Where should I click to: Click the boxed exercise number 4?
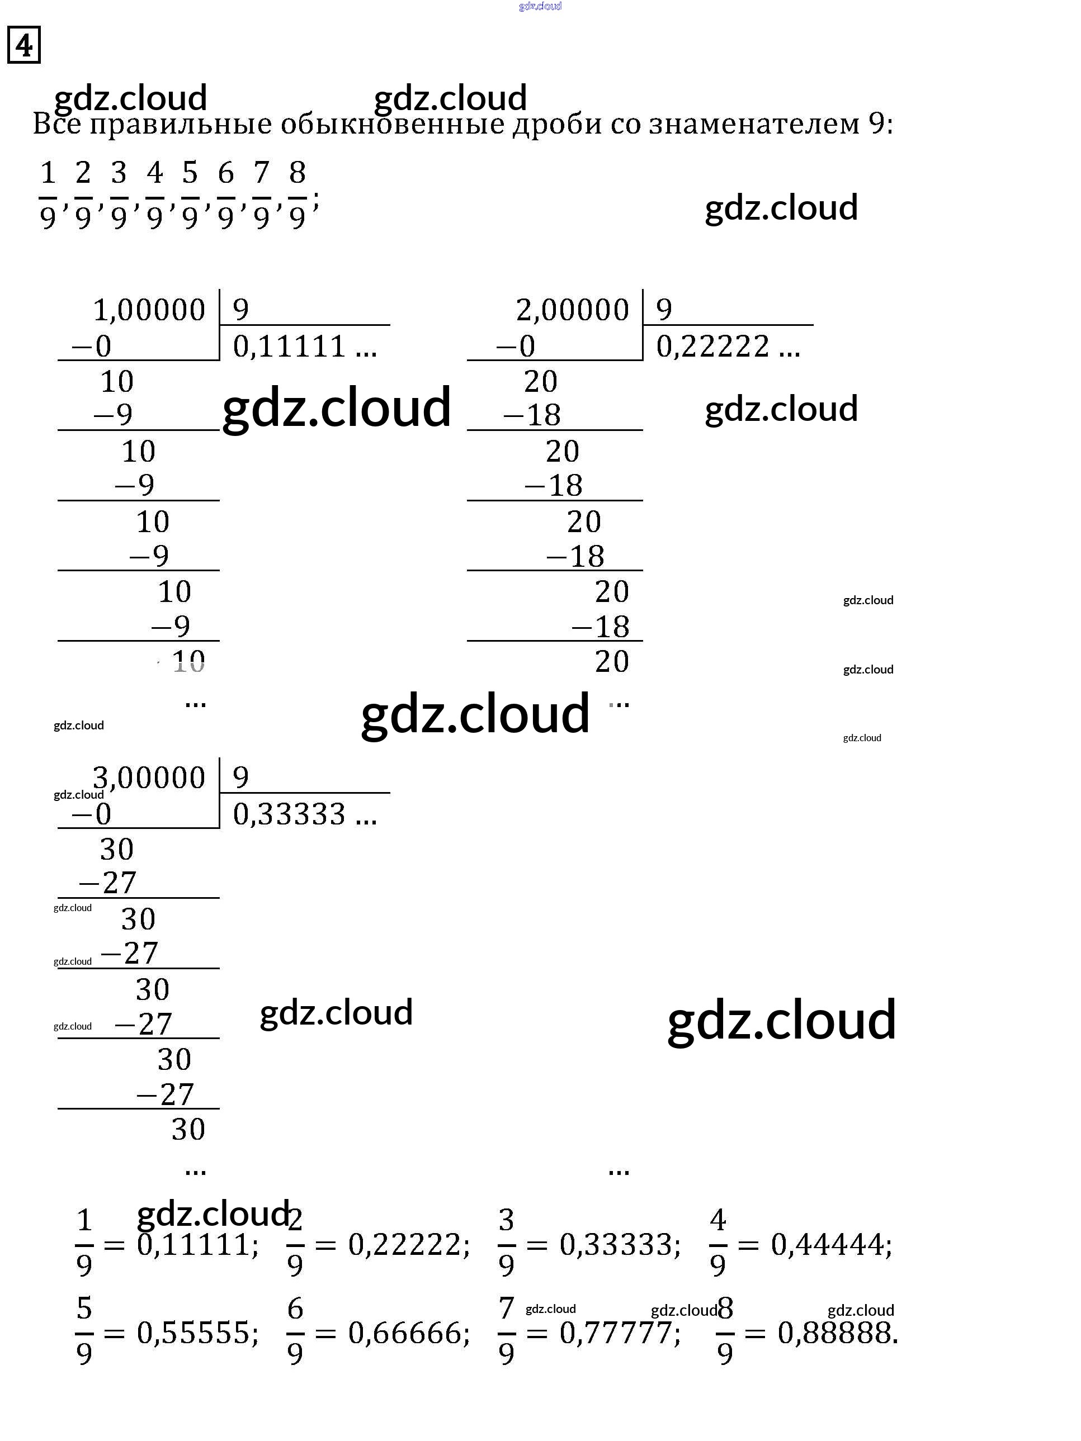(x=24, y=45)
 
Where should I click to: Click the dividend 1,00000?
(x=149, y=310)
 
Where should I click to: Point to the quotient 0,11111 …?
(x=304, y=347)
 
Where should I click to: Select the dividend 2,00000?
(x=572, y=310)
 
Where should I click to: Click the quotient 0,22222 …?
(x=727, y=347)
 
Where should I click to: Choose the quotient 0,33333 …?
(x=304, y=814)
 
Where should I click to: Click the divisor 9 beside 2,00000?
(x=663, y=309)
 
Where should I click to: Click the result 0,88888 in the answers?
(x=837, y=1333)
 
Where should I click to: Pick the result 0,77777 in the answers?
(x=619, y=1333)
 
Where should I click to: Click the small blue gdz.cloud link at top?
(x=540, y=7)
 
